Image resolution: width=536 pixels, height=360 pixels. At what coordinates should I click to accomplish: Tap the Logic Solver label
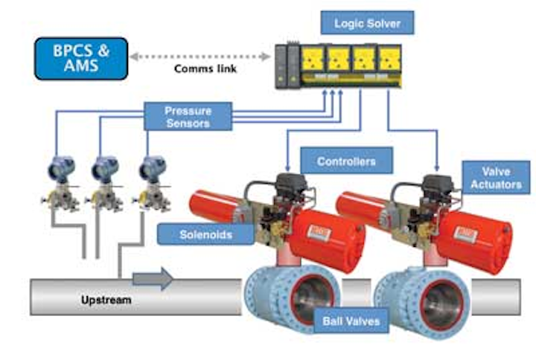pos(367,22)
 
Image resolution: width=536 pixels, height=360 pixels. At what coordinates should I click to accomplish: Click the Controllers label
pos(345,161)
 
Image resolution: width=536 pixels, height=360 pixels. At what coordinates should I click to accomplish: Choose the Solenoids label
pos(195,235)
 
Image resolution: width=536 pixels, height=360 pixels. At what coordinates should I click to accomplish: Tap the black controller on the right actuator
pos(434,187)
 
